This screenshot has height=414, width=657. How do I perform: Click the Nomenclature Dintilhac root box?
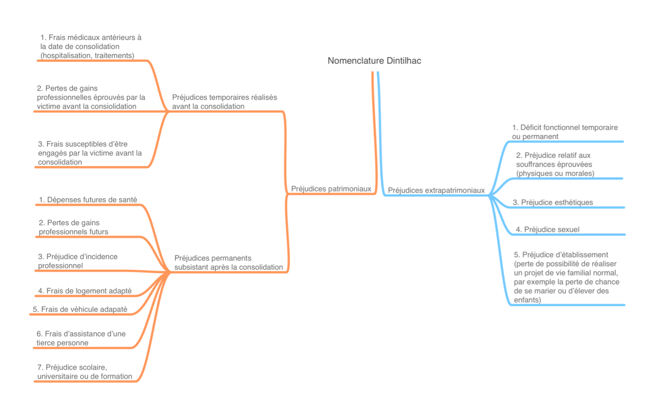[374, 61]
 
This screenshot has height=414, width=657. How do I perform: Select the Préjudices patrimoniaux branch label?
[331, 189]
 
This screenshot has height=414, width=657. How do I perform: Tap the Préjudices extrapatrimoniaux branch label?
[436, 190]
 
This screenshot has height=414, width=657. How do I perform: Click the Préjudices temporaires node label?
[224, 102]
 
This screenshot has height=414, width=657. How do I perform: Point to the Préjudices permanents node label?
[228, 263]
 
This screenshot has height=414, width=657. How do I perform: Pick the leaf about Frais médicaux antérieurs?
[90, 46]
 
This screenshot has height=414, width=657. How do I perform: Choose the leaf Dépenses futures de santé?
[88, 200]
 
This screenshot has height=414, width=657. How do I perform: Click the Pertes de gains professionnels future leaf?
[74, 227]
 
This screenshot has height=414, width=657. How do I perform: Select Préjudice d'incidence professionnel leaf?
[78, 261]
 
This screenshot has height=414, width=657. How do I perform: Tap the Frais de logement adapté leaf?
[85, 291]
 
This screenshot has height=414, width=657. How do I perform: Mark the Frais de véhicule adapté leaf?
[80, 309]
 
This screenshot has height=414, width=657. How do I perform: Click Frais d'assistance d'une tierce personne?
[81, 338]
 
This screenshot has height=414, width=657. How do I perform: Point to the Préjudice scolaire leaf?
[84, 372]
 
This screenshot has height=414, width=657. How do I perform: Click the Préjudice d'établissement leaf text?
[566, 278]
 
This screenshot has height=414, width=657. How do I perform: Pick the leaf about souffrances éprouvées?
[555, 164]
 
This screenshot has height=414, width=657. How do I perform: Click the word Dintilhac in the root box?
[402, 61]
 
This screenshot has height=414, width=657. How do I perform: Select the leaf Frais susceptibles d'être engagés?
[90, 153]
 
